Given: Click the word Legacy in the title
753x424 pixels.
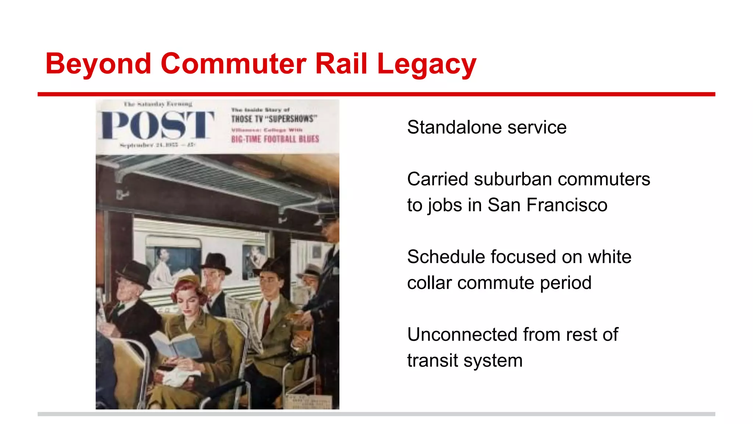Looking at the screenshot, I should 427,64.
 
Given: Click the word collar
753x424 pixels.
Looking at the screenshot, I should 429,283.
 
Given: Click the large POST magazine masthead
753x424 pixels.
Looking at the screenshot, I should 157,125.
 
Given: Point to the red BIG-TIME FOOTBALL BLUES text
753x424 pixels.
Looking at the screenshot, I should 275,139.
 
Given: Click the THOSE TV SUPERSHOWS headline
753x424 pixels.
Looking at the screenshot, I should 274,119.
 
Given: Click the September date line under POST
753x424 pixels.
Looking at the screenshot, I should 157,145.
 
